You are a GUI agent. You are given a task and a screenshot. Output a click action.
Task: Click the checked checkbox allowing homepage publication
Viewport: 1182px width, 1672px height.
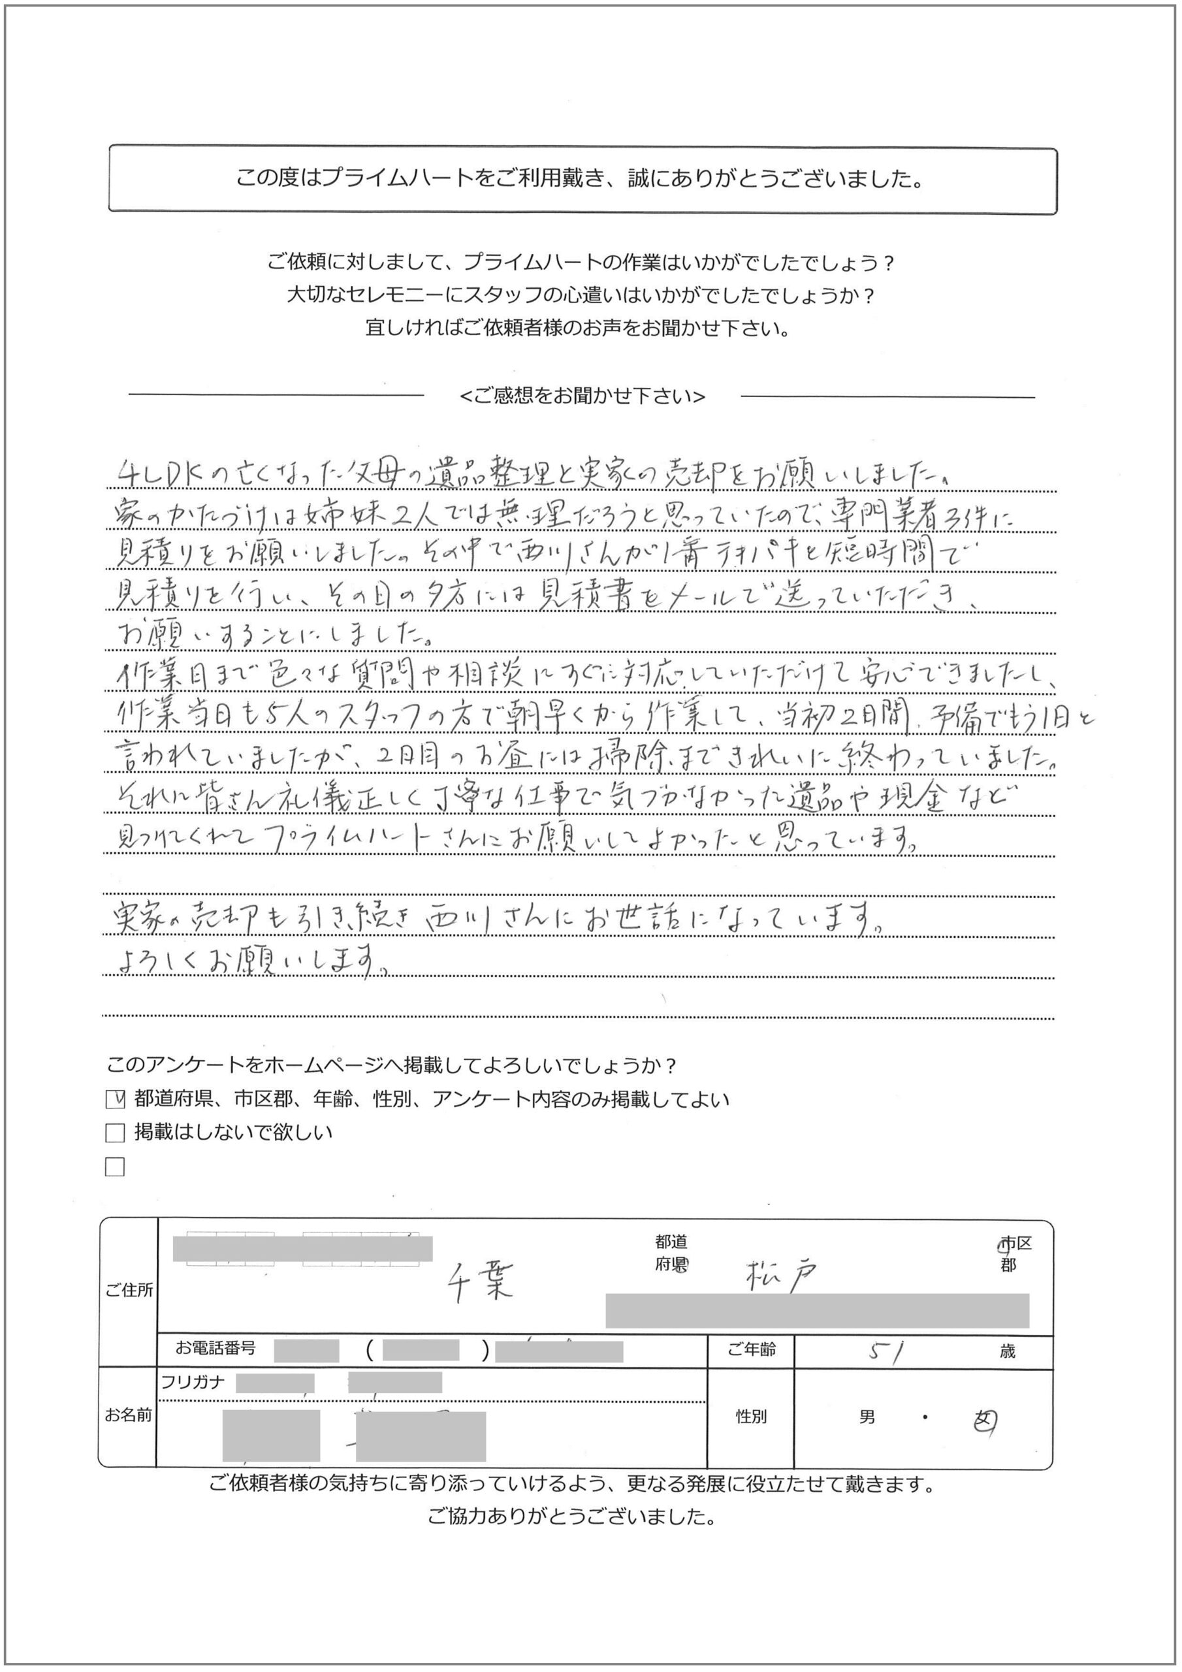click(114, 1100)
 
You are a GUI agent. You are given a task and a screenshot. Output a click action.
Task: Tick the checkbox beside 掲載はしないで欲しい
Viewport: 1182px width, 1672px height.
click(114, 1133)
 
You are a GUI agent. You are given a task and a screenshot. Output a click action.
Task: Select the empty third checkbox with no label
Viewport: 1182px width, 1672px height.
click(114, 1167)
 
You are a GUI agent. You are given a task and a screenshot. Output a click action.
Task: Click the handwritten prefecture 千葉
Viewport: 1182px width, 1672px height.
click(480, 1281)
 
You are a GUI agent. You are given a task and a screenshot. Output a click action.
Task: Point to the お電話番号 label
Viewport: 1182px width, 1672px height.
click(216, 1348)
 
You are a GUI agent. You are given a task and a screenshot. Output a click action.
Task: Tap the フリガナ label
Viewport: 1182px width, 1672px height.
click(193, 1381)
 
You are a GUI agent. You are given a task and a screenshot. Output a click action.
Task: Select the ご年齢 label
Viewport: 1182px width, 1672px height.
click(752, 1350)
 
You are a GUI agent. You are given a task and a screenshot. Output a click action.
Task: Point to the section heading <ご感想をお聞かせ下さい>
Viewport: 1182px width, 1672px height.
click(583, 396)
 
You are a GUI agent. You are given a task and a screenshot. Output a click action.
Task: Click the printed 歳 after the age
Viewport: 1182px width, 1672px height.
click(1007, 1351)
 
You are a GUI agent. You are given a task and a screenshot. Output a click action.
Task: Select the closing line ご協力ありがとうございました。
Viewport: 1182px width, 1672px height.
click(571, 1518)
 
